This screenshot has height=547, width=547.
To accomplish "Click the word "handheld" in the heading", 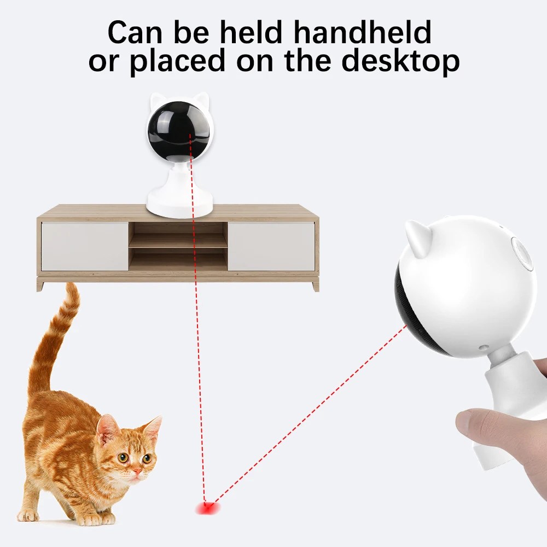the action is point(363,32).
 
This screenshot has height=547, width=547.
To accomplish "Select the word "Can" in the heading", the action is point(135,32).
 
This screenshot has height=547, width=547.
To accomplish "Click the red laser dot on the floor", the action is point(207,508).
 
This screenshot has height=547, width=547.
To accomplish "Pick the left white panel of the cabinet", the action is point(85,246).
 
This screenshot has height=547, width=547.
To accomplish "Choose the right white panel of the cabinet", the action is point(271,246).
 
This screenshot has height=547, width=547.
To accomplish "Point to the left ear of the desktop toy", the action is point(155,101).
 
